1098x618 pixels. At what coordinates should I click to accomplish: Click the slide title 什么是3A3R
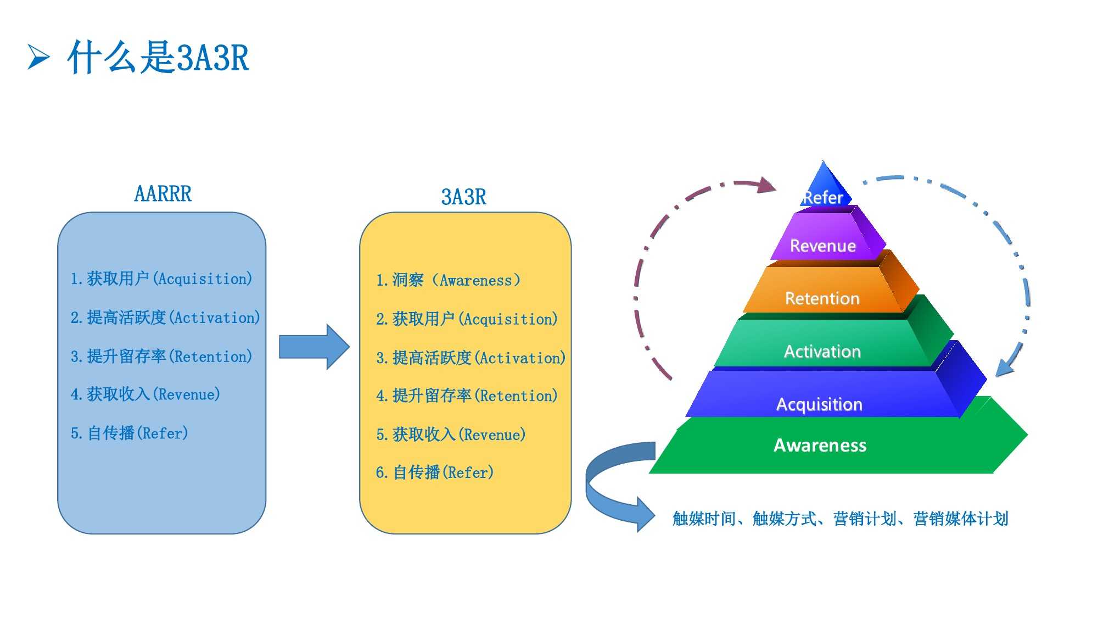click(158, 57)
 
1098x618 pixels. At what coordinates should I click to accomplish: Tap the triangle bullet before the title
click(38, 57)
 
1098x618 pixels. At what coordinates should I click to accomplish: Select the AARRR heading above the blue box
click(163, 194)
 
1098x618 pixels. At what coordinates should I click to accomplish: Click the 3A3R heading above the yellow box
click(464, 197)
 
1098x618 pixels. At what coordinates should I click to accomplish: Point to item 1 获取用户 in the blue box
click(161, 279)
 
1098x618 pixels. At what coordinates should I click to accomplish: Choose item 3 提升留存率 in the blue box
click(161, 357)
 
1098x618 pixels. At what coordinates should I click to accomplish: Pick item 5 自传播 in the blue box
click(130, 433)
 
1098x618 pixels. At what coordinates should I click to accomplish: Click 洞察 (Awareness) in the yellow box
click(448, 281)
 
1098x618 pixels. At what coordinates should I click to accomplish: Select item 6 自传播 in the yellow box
click(435, 472)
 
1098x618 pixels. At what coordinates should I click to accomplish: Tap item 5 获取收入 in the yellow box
click(451, 435)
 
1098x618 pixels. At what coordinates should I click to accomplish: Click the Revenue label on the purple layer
click(822, 246)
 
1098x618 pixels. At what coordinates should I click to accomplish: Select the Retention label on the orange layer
click(822, 298)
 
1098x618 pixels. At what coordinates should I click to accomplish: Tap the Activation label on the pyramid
click(822, 351)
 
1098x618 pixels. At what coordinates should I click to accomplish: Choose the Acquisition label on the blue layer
click(819, 404)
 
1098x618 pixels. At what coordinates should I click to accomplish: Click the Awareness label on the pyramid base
click(820, 445)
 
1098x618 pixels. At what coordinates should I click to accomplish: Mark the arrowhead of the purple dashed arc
click(766, 185)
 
